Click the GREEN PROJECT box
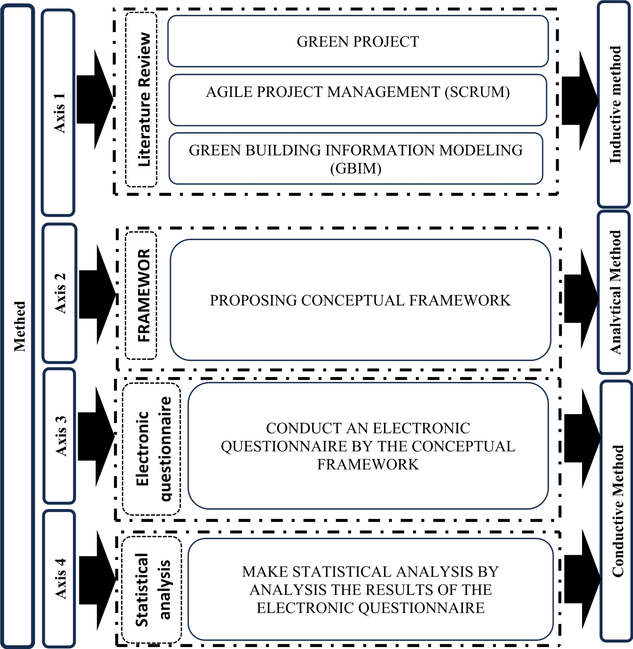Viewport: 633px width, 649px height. (x=358, y=41)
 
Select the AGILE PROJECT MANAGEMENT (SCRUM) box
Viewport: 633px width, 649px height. (x=358, y=92)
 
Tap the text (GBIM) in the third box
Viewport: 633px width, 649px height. (x=355, y=168)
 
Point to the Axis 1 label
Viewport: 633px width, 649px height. (x=60, y=113)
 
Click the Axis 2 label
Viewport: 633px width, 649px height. (x=60, y=293)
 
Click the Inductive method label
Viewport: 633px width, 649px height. (x=615, y=104)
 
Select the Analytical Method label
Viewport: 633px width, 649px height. (x=615, y=292)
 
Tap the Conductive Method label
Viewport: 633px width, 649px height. (x=617, y=511)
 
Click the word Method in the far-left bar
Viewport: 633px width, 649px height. (x=19, y=326)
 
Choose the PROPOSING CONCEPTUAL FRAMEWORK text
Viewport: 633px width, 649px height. (x=360, y=300)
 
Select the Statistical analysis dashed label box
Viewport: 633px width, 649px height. (x=152, y=589)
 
